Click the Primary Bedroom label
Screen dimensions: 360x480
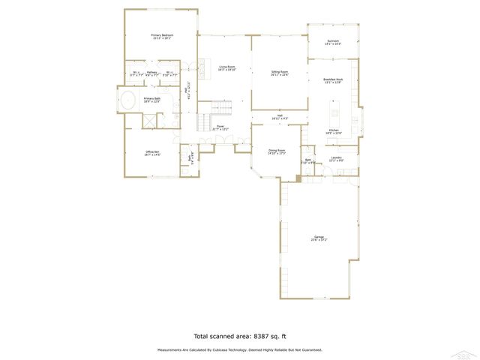click(x=162, y=35)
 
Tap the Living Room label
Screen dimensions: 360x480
click(x=227, y=67)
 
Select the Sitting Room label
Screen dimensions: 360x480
click(x=279, y=72)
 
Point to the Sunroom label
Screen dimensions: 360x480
click(x=333, y=41)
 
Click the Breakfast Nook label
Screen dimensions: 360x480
click(x=333, y=79)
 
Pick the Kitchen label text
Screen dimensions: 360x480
click(x=333, y=130)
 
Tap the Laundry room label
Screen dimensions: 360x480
click(x=336, y=157)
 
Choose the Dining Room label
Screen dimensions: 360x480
click(x=277, y=151)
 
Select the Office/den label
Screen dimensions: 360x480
click(x=153, y=152)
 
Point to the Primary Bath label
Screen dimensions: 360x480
click(x=152, y=99)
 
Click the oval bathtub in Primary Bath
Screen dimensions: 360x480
click(x=127, y=100)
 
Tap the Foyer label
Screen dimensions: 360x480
click(x=220, y=126)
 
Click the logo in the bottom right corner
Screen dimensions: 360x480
click(x=468, y=353)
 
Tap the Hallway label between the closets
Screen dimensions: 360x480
click(x=152, y=73)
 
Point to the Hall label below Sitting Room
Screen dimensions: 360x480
click(x=279, y=115)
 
